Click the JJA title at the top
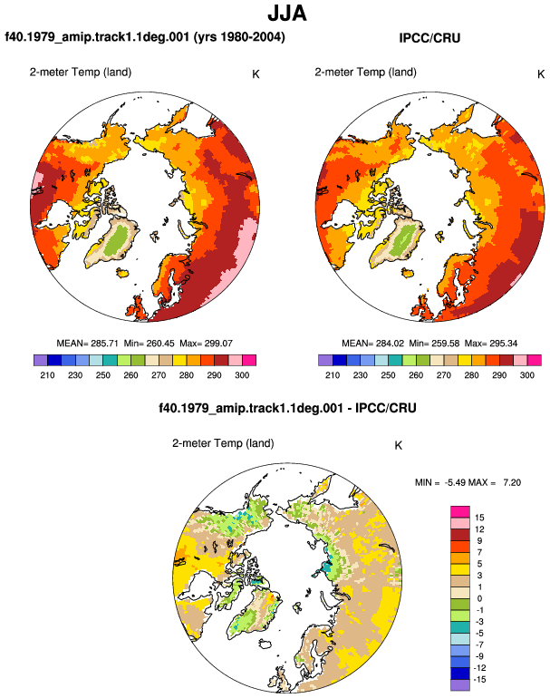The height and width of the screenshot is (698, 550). [x=287, y=14]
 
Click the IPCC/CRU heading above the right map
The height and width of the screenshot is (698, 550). [x=429, y=38]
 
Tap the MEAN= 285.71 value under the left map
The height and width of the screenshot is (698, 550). [x=87, y=344]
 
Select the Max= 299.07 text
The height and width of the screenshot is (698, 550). [x=206, y=344]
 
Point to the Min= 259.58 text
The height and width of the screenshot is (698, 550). [x=434, y=344]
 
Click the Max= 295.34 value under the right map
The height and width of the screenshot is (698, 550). [x=491, y=344]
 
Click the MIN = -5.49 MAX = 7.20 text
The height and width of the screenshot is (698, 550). [x=468, y=482]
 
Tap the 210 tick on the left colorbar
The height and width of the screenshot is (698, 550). [x=47, y=375]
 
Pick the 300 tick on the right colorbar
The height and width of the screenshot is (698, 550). [x=526, y=375]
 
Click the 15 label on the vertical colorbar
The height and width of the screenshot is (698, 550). [x=479, y=518]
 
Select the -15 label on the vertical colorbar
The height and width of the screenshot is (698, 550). [x=479, y=680]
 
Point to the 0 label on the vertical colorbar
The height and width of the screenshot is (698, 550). [x=479, y=598]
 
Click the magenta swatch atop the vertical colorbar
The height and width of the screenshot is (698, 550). [x=460, y=511]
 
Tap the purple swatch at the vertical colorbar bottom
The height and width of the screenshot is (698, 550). [x=460, y=685]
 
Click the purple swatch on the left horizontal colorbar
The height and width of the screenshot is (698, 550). [x=41, y=360]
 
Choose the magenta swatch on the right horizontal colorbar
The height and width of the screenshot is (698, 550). [x=535, y=360]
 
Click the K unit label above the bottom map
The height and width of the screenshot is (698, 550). [x=399, y=446]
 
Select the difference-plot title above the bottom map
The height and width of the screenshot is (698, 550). [x=287, y=408]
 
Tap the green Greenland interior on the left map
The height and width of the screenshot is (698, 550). [x=119, y=239]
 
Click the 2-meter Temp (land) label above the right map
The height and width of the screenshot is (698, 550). [x=365, y=73]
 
